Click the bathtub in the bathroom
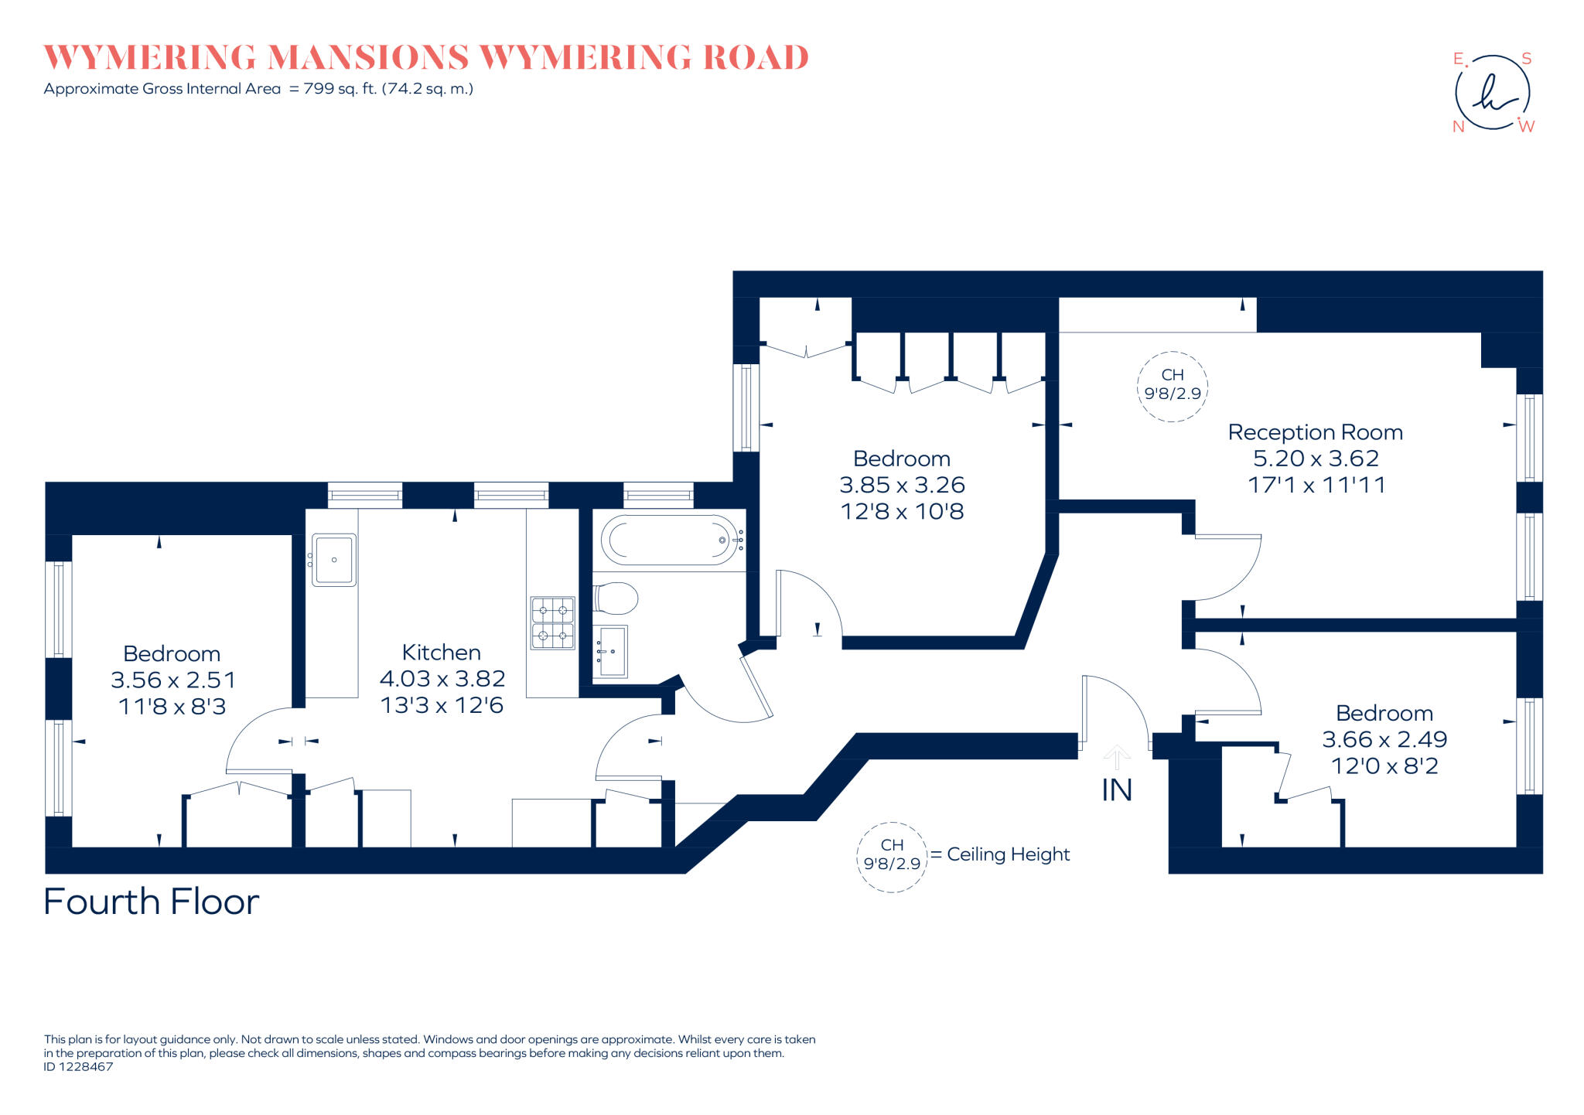669,540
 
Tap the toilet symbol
616,598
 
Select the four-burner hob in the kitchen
552,623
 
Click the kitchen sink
334,559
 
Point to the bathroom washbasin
612,651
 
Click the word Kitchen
441,652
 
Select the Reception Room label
1315,432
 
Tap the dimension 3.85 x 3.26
902,485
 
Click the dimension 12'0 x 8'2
1384,766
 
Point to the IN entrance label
1116,790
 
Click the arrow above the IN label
1116,756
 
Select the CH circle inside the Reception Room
1172,385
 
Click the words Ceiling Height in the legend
1008,854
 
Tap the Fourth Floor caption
152,902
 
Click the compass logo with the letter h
1492,93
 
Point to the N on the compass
1459,127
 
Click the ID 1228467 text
78,1067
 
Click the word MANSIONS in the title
368,58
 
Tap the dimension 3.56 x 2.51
172,680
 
